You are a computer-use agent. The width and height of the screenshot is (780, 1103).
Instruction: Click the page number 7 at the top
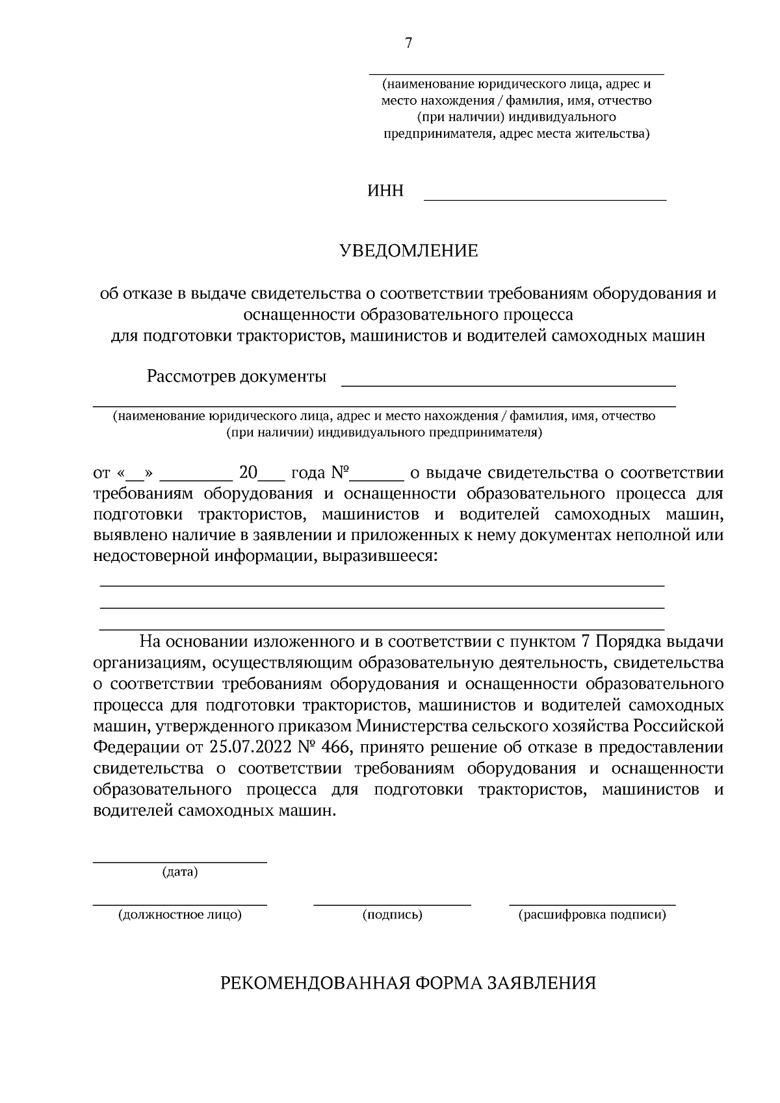pos(408,44)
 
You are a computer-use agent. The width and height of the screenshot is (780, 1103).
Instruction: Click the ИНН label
pos(385,191)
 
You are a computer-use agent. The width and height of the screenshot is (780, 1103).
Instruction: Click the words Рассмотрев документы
pos(237,377)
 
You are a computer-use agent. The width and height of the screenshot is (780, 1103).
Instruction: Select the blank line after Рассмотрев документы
pos(508,385)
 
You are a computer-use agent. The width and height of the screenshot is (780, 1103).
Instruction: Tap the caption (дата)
pos(180,872)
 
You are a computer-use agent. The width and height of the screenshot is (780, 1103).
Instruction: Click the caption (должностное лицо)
pos(180,915)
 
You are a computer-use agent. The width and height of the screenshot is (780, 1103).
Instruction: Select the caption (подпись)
pos(392,915)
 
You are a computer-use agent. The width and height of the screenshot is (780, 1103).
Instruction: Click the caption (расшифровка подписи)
pos(592,915)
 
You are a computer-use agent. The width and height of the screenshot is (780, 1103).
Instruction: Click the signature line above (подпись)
pos(392,904)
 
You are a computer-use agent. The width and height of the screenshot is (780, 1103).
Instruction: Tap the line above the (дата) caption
pos(180,862)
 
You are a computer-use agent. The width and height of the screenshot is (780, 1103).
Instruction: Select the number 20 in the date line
pos(248,473)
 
